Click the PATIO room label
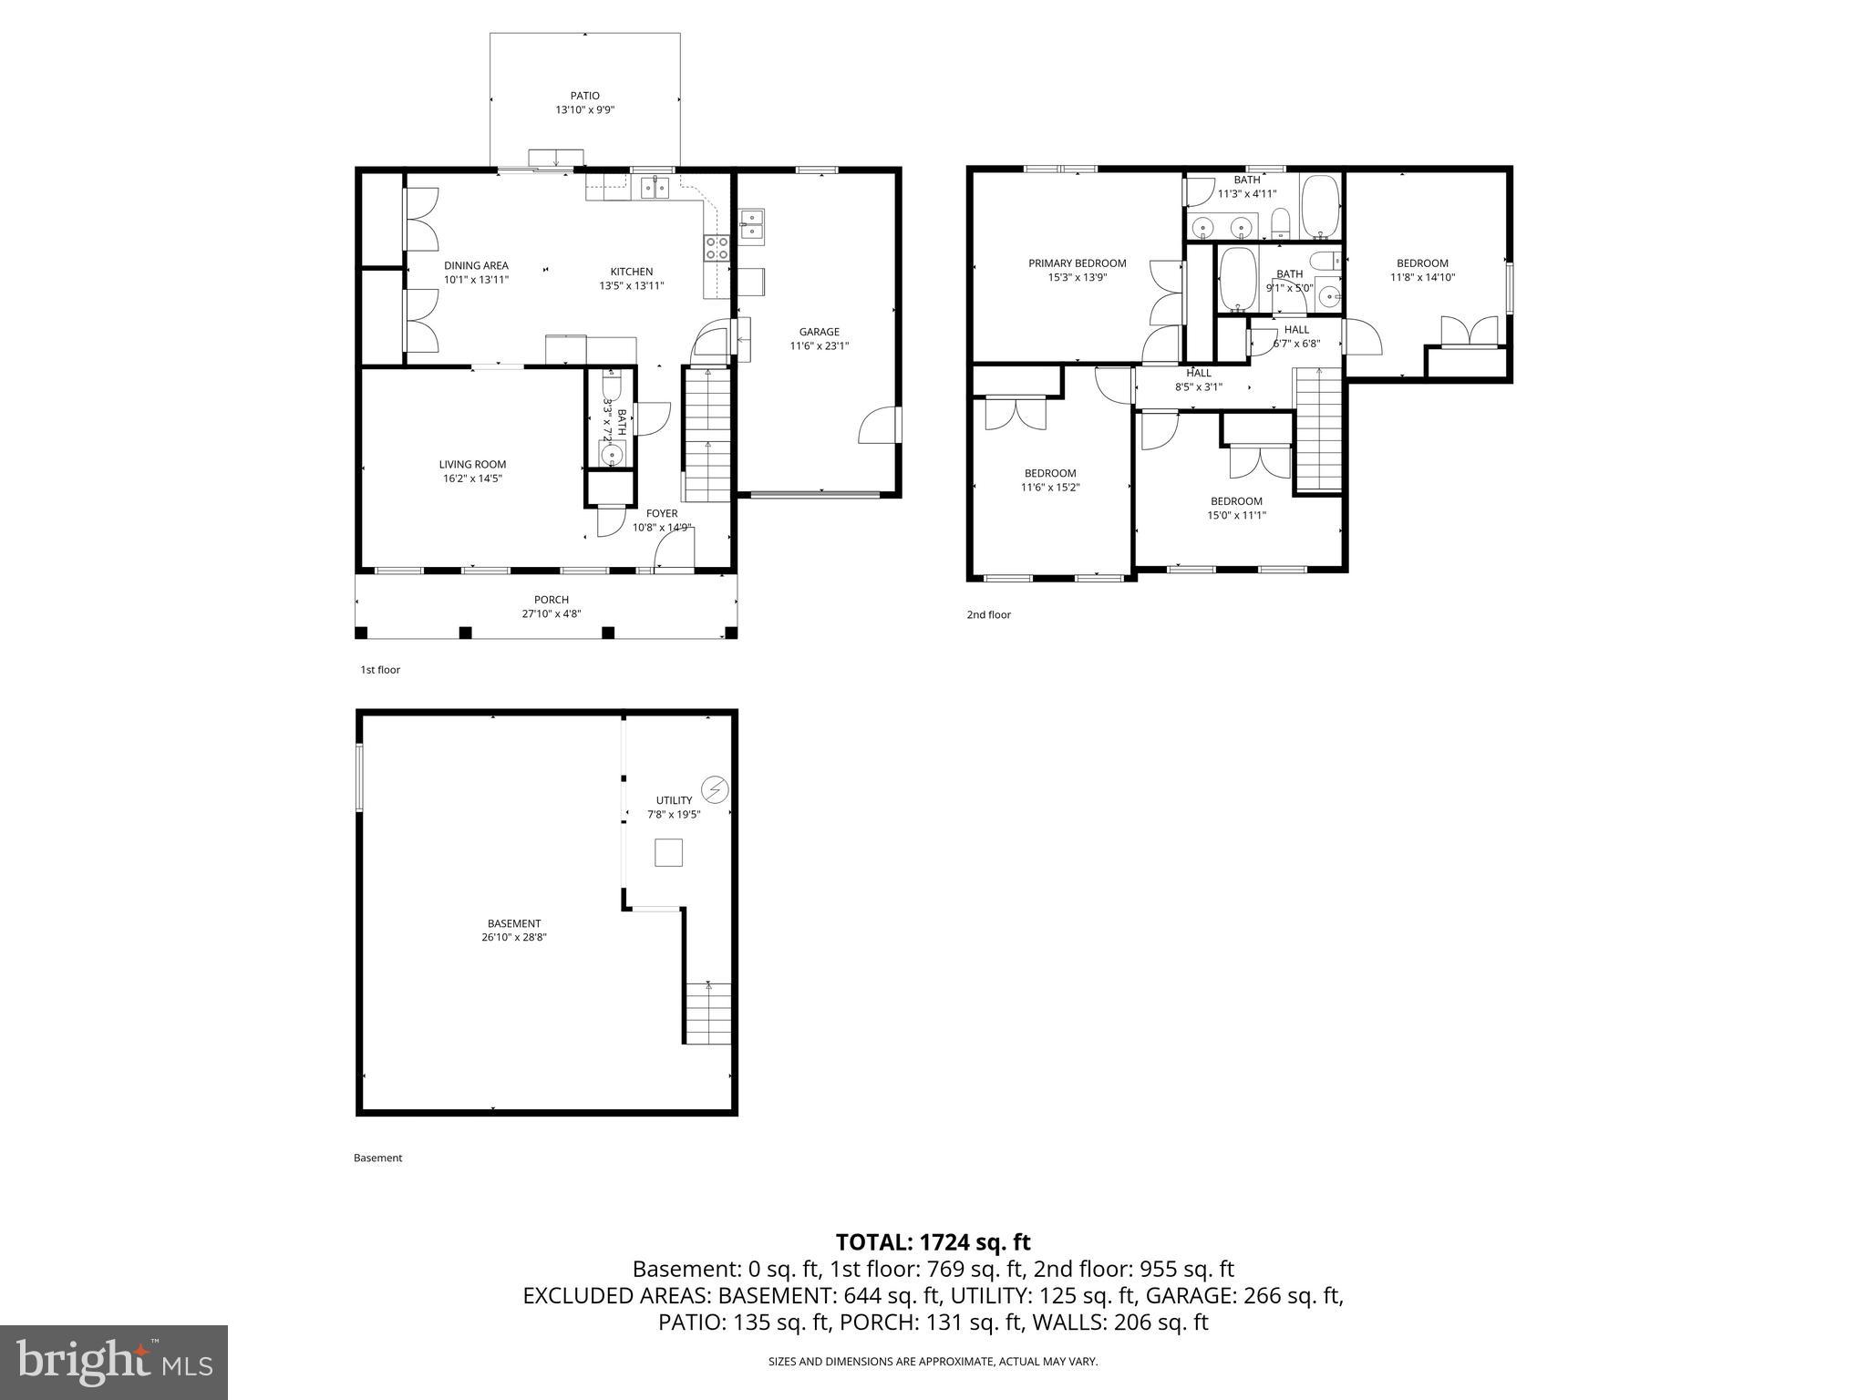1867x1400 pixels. (584, 96)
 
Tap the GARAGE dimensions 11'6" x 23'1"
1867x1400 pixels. (819, 346)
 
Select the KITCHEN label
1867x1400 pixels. (631, 272)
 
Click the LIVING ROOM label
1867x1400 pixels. (472, 465)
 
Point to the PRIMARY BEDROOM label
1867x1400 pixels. (1077, 263)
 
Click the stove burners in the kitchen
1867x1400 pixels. (717, 248)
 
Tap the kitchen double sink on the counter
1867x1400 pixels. (655, 188)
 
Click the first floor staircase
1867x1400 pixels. (707, 435)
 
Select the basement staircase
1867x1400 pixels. (708, 1013)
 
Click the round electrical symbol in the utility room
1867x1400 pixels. (715, 788)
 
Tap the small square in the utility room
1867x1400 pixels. (668, 853)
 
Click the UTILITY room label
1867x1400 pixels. (674, 800)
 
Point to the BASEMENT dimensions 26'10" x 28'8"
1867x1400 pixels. (514, 937)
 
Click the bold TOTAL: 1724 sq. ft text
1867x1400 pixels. (933, 1242)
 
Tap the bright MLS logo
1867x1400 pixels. (114, 1362)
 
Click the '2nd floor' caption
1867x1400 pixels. (988, 615)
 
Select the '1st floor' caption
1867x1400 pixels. (380, 670)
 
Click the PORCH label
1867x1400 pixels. (552, 600)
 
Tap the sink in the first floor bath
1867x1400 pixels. (610, 453)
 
